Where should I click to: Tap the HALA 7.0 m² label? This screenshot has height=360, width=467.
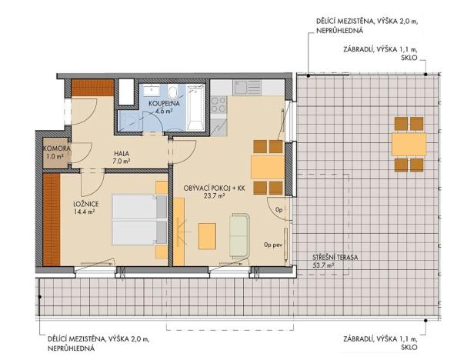(122, 157)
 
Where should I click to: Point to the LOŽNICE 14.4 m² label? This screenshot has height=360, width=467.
(85, 208)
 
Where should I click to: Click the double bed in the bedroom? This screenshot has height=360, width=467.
(139, 220)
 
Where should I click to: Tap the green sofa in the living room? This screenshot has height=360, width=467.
(239, 235)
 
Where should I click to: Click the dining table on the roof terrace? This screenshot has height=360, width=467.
(409, 145)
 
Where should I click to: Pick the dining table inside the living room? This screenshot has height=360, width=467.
(268, 167)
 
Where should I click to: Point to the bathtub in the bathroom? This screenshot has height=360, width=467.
(195, 108)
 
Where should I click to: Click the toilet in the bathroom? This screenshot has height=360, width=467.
(172, 91)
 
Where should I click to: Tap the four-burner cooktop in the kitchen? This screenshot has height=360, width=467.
(218, 105)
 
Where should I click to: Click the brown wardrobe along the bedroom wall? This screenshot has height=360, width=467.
(52, 219)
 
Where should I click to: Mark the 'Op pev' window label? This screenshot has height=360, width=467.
(273, 245)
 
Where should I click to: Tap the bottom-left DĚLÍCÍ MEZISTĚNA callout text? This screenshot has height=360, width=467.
(98, 343)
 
